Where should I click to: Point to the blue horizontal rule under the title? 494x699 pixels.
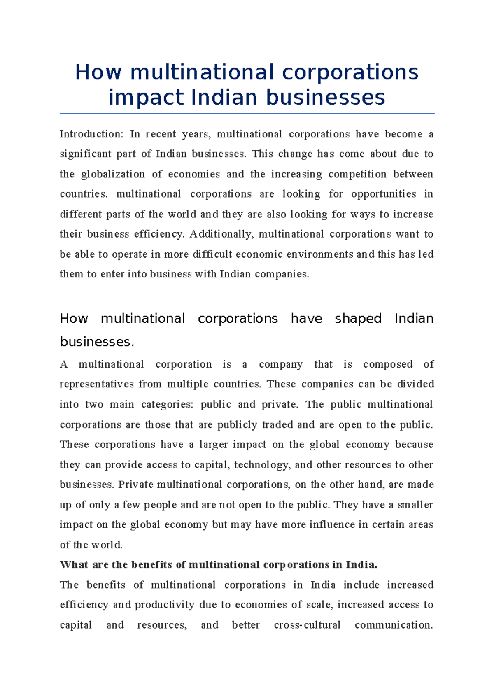pyautogui.click(x=247, y=114)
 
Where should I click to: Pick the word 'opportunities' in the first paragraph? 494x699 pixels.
pyautogui.click(x=383, y=194)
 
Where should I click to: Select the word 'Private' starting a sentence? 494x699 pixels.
pyautogui.click(x=135, y=485)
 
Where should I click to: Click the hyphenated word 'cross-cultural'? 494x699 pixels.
pyautogui.click(x=307, y=625)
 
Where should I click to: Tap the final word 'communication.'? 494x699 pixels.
pyautogui.click(x=394, y=625)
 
